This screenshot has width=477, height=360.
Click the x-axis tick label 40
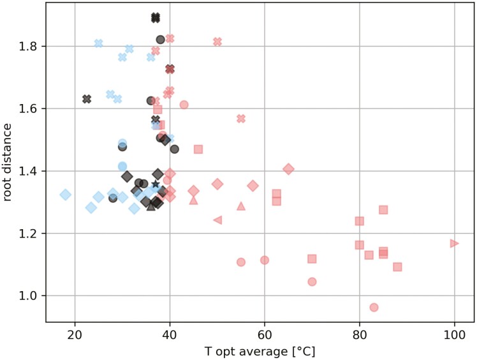click(170, 335)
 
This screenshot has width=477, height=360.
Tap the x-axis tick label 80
click(360, 335)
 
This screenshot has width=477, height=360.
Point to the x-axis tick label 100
click(454, 335)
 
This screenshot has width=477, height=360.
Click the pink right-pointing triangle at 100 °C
click(454, 243)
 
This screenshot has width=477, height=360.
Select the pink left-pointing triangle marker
click(217, 220)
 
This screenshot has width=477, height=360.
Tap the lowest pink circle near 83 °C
click(374, 307)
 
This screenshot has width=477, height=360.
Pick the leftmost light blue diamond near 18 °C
click(65, 195)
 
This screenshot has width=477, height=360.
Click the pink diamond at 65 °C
click(288, 169)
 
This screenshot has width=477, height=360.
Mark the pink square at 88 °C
click(397, 267)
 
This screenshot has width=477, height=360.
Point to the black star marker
click(156, 184)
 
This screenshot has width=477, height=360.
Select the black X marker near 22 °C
click(87, 99)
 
